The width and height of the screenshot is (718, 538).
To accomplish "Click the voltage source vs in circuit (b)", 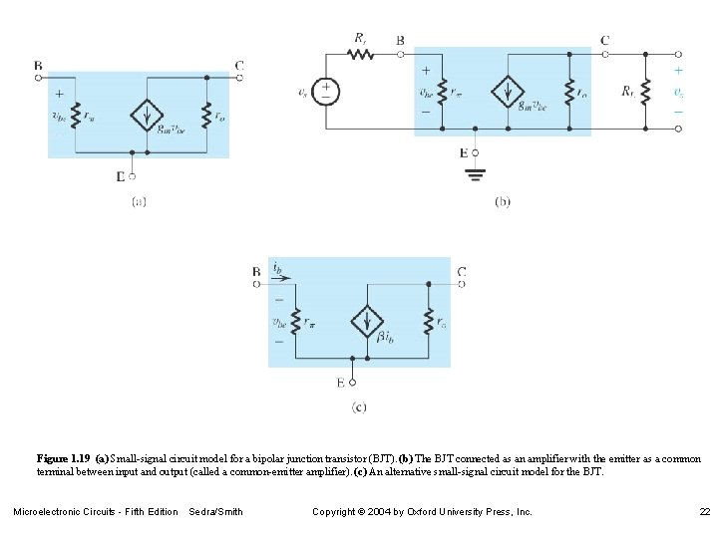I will pos(326,92).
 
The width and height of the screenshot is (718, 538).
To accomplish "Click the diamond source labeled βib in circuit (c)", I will pos(368,321).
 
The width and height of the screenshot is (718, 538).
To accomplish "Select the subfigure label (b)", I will pos(503,200).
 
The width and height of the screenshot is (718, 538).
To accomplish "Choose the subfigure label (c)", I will pos(359,405).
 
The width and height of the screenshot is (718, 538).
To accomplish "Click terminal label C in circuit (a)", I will pos(239,67).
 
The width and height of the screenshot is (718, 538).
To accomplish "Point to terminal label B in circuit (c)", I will pos(256,271).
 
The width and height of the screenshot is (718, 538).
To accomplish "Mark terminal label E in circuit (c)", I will pos(340,382).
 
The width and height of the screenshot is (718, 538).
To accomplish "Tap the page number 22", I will pos(703,511).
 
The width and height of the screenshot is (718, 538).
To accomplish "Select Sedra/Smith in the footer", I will pos(215,511).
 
